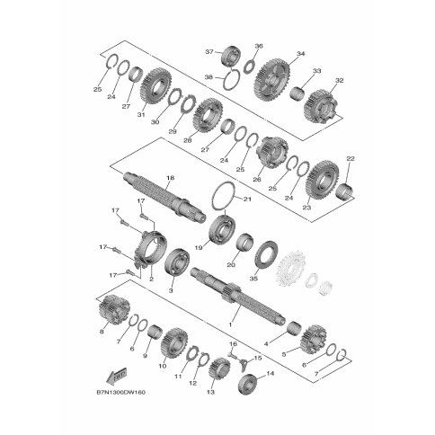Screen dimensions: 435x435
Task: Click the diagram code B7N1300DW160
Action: [121, 392]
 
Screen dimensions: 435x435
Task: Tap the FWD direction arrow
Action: [117, 376]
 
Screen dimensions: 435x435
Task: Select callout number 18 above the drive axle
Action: [170, 178]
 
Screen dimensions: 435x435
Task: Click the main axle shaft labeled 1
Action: [236, 294]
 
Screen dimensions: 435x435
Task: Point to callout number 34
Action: [300, 54]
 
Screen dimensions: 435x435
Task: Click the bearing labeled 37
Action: [231, 56]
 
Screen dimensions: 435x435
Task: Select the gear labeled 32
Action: [321, 106]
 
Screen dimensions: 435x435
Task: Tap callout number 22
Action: [351, 158]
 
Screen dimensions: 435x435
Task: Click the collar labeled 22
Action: [345, 192]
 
